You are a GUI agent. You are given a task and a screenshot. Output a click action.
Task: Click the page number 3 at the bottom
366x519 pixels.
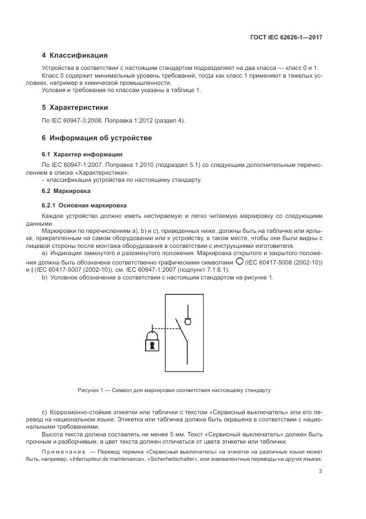[x=321, y=471]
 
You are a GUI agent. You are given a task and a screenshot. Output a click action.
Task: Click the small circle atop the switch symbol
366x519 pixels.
[x=188, y=321]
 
